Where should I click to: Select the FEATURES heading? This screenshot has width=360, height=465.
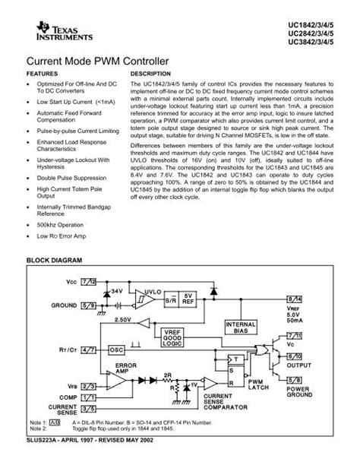pos(42,74)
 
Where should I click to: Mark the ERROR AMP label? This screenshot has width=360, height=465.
pos(125,368)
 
